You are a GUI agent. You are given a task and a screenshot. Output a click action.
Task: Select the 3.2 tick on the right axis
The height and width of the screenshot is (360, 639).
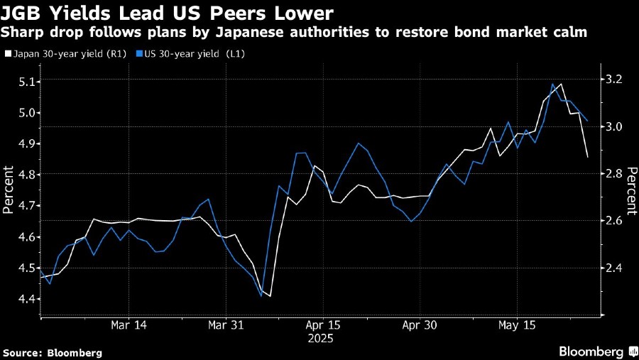pyautogui.click(x=613, y=80)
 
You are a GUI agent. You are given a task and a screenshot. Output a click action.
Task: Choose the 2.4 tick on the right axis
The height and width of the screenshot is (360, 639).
pyautogui.click(x=613, y=268)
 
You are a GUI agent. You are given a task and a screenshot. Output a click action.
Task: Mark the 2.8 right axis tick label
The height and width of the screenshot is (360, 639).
pyautogui.click(x=613, y=174)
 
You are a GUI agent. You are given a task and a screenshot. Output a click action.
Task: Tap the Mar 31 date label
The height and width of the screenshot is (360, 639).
pyautogui.click(x=225, y=325)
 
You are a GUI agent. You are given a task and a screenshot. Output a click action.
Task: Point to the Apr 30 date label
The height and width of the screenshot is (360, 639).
pyautogui.click(x=419, y=325)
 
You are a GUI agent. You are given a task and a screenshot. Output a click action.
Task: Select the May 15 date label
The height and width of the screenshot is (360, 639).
pyautogui.click(x=516, y=325)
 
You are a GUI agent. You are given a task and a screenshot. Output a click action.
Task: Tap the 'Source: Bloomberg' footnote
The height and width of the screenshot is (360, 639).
pyautogui.click(x=53, y=352)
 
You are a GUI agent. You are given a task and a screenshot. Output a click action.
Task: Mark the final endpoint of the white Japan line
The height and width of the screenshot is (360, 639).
pyautogui.click(x=587, y=157)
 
